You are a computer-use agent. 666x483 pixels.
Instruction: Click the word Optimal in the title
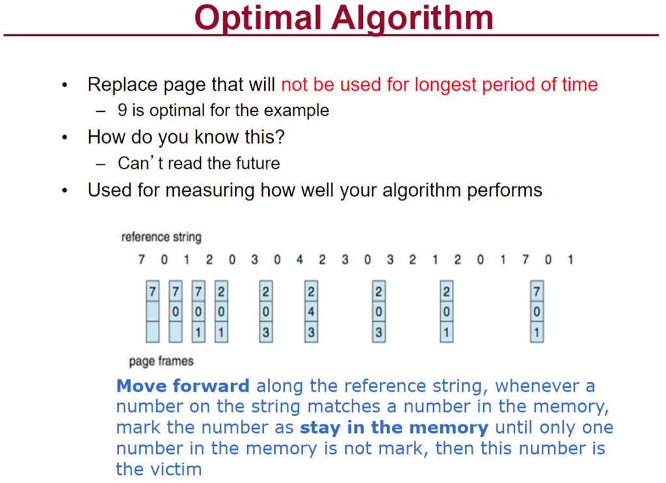(258, 19)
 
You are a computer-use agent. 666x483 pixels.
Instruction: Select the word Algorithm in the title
(412, 19)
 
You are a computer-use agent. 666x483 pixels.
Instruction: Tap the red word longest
(446, 85)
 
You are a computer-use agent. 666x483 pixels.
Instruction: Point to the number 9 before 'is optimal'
(122, 110)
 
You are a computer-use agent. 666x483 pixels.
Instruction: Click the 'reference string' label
(161, 237)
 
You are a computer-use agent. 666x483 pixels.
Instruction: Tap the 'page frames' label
(161, 361)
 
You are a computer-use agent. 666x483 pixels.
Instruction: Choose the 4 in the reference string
(300, 259)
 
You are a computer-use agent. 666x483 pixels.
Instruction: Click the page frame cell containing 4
(312, 312)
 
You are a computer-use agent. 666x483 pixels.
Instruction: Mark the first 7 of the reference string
(142, 259)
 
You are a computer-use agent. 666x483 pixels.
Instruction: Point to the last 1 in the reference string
(570, 259)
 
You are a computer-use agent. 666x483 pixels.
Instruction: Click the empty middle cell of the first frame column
(152, 312)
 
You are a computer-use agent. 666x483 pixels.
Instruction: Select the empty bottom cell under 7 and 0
(176, 332)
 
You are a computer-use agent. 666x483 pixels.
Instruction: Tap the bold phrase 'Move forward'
(183, 386)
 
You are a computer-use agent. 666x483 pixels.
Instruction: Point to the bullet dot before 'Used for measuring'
(64, 190)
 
